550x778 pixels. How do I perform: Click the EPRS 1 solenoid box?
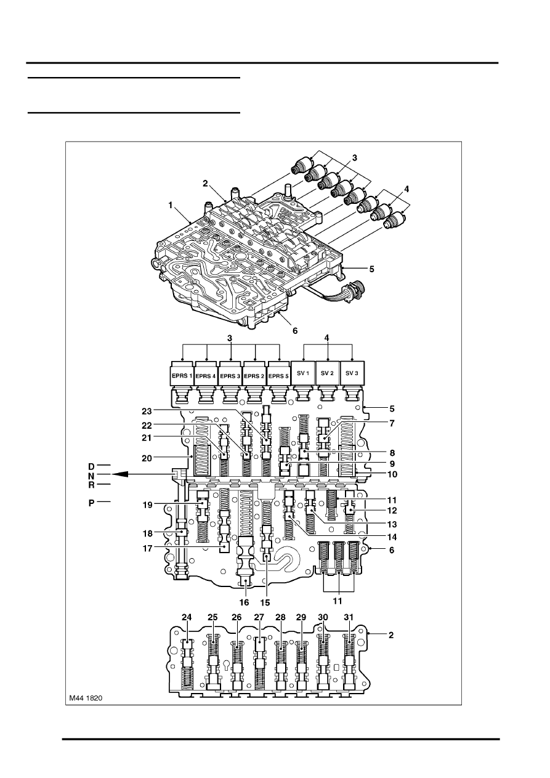(x=182, y=375)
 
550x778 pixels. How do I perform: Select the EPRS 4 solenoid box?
(x=206, y=375)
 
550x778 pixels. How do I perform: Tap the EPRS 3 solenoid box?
(x=231, y=375)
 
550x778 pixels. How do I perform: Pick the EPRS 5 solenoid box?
(x=280, y=375)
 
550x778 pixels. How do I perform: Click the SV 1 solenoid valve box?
(x=304, y=375)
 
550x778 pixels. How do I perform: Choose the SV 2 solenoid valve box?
(x=328, y=375)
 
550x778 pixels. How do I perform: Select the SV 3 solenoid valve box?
(x=352, y=375)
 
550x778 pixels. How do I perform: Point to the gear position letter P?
(x=91, y=503)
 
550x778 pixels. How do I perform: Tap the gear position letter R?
(x=91, y=485)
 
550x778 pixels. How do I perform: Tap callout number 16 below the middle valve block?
(x=245, y=602)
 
